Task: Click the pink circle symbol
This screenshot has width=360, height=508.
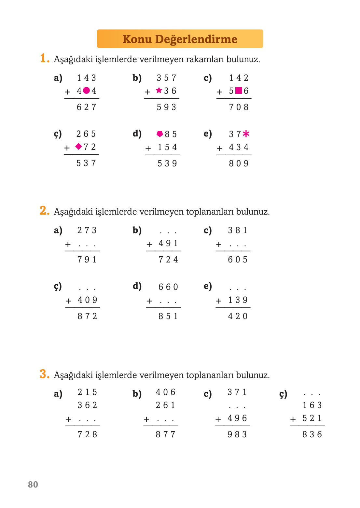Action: point(86,91)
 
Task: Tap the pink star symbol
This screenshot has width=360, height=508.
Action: point(159,90)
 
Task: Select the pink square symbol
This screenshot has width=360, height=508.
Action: point(239,91)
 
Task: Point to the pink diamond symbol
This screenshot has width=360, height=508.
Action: point(78,147)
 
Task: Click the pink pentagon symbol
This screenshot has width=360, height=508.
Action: point(160,134)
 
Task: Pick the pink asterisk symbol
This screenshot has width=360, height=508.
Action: point(246,134)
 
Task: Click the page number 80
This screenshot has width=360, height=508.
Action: point(33,485)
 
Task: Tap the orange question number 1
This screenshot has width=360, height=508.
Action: point(44,58)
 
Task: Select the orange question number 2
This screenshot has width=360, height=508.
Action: point(44,211)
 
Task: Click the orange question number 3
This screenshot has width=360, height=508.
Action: point(44,374)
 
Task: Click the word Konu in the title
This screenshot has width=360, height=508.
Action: point(137,39)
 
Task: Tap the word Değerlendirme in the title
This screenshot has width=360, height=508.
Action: point(196,39)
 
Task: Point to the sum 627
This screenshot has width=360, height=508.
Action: point(86,107)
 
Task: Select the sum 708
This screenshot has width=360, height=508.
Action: point(239,107)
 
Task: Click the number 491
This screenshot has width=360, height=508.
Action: point(168,243)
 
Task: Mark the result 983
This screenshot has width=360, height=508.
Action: point(237,434)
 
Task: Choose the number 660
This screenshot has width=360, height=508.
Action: point(168,287)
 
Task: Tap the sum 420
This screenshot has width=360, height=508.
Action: point(238,316)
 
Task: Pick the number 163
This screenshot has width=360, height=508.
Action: point(312,405)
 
